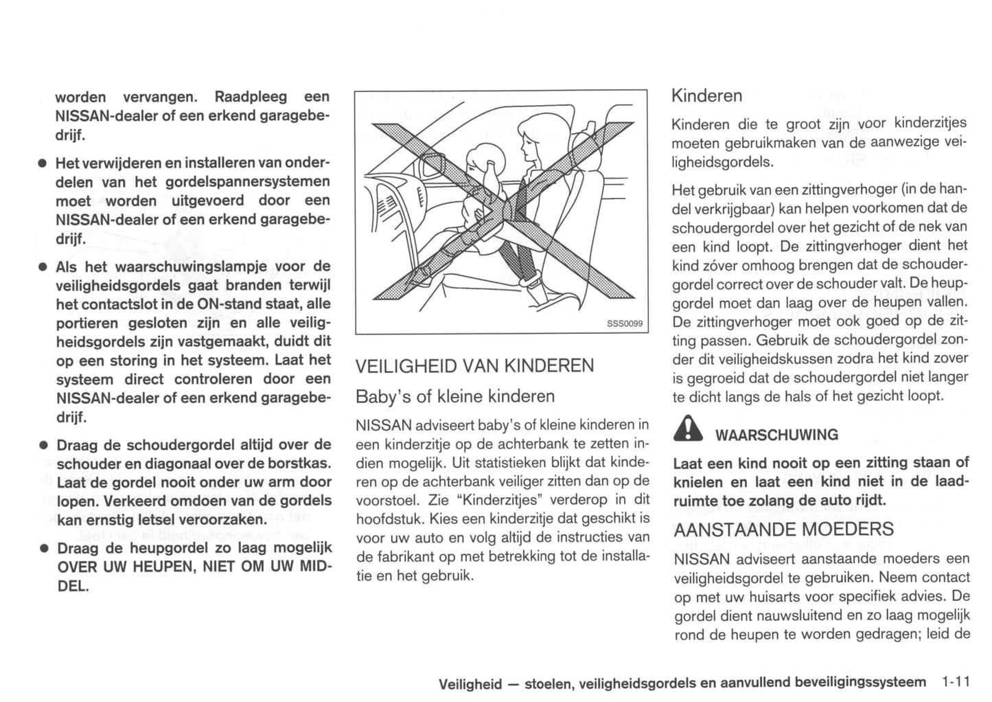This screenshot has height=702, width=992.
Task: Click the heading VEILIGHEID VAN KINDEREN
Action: (474, 365)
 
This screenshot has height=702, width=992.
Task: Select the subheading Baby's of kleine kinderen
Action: (455, 396)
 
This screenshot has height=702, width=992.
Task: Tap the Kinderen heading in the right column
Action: (706, 95)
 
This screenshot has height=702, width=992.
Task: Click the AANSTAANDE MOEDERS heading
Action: (783, 530)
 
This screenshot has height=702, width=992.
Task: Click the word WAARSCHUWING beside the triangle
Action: (776, 435)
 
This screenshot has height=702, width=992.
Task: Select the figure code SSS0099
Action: (625, 323)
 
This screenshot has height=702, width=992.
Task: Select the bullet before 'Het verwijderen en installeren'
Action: (42, 163)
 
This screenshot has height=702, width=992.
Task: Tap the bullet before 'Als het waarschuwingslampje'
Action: (42, 267)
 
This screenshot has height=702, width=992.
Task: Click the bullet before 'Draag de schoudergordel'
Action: (42, 445)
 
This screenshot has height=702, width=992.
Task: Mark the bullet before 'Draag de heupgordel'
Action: (42, 549)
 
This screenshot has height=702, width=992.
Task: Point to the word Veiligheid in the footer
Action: (470, 683)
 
